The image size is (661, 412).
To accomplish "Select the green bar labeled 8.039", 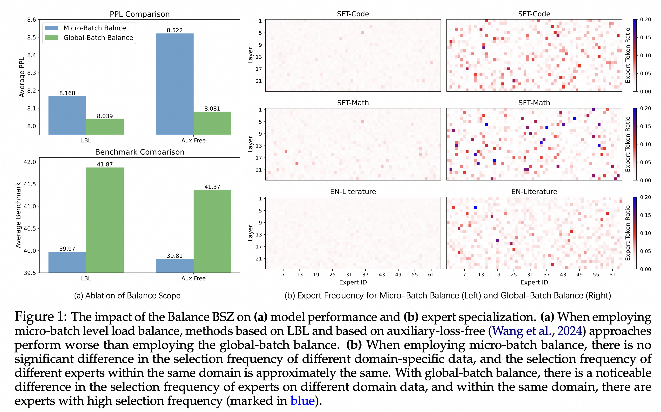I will [x=105, y=127].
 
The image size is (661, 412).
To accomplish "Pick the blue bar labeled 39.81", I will [x=175, y=266].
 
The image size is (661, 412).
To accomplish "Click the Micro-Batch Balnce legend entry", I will [x=94, y=28].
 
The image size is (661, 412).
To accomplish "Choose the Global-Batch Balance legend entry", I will [x=98, y=38].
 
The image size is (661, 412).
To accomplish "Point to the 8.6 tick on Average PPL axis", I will [x=32, y=20].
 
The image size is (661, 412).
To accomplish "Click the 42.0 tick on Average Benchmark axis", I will [x=30, y=162].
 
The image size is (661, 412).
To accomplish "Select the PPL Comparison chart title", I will [x=140, y=14].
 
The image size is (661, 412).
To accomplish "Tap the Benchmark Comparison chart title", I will [x=140, y=152].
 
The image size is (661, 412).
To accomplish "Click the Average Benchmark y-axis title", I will [x=18, y=215].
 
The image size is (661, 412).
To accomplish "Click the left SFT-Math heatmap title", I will [x=353, y=103].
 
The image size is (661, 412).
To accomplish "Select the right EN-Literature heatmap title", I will [x=534, y=192].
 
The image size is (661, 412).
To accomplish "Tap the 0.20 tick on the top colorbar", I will [x=645, y=20].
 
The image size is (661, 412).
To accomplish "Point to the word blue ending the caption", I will [x=302, y=400].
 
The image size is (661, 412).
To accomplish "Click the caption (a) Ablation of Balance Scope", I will [x=127, y=296].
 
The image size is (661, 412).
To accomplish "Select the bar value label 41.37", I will [x=212, y=187].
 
